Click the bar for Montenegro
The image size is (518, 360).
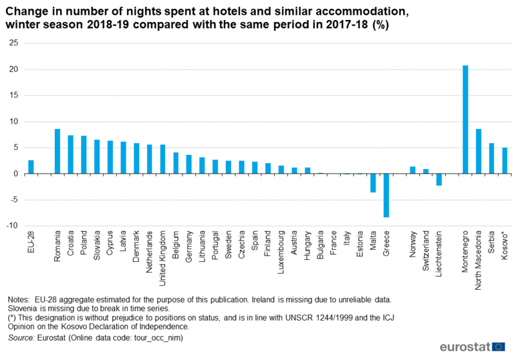tap(465, 119)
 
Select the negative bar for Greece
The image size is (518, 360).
tap(386, 195)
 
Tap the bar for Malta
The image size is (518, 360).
tap(373, 183)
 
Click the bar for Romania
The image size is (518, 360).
tap(57, 152)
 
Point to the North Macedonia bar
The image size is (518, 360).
tap(478, 152)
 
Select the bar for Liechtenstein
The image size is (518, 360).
tap(439, 179)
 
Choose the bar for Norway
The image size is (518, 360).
tap(413, 170)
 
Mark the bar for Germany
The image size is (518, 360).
tap(189, 164)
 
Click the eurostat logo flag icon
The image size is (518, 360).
tap(498, 346)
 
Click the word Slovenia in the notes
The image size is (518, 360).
tap(24, 308)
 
